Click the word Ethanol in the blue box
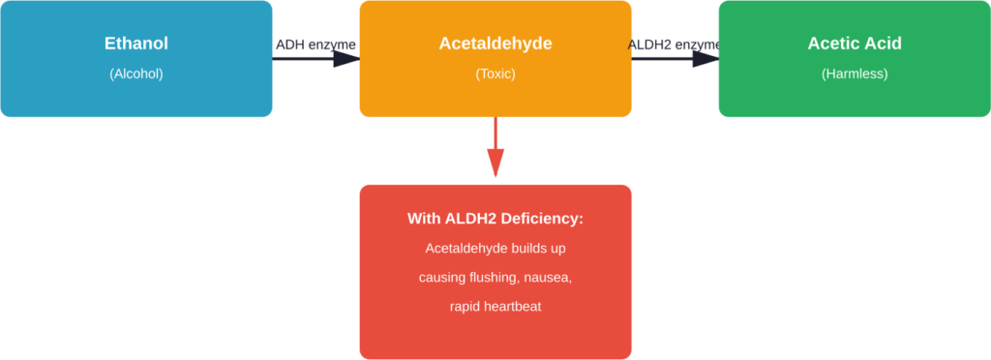[135, 44]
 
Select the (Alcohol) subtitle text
[135, 74]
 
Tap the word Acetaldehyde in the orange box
[495, 44]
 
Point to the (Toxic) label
[495, 74]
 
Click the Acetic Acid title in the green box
[854, 44]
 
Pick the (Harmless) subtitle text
[854, 74]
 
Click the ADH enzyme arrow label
[315, 45]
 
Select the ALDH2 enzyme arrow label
[675, 45]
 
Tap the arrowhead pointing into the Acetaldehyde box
[347, 59]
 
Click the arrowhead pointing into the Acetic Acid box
[706, 59]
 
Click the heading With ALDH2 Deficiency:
[495, 219]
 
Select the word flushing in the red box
[494, 278]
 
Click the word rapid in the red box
[467, 307]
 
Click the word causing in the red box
[441, 278]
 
